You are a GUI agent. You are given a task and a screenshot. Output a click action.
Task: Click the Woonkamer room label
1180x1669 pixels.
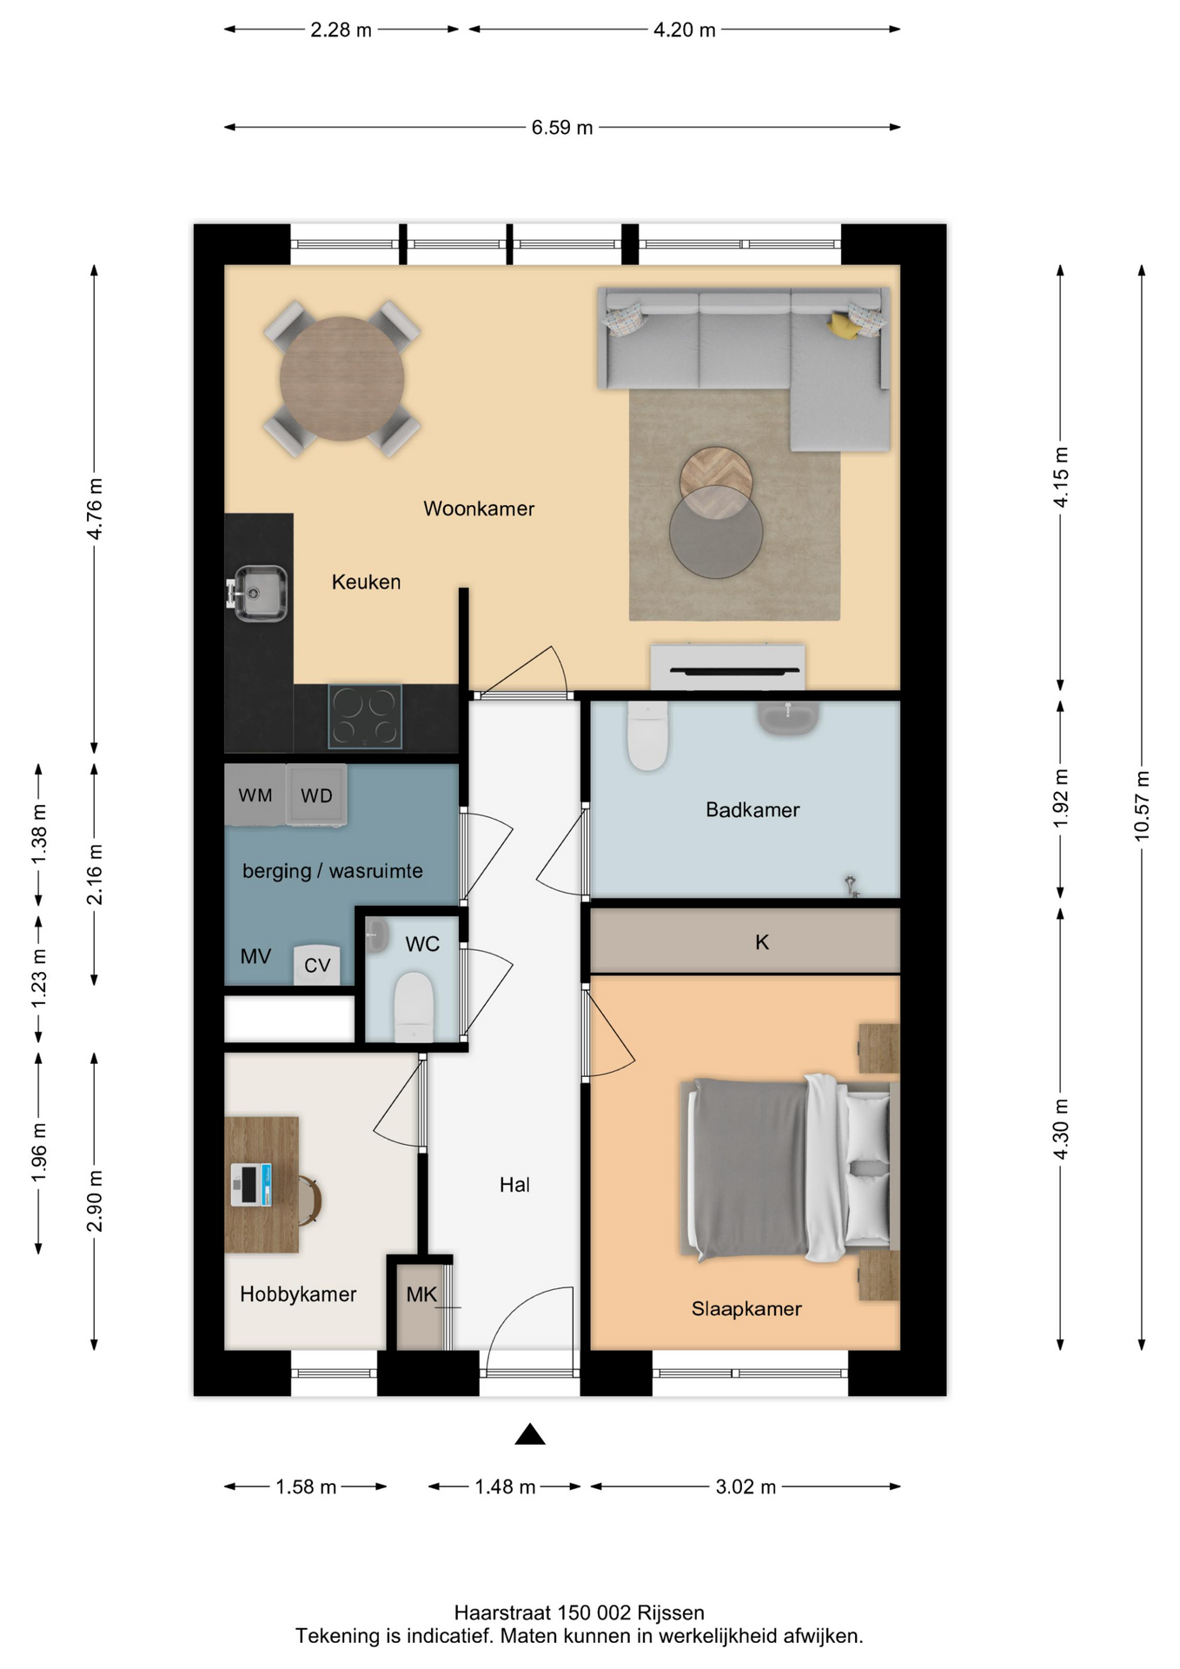coord(479,509)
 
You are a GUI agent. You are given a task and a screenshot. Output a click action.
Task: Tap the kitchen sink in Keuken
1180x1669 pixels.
coord(257,593)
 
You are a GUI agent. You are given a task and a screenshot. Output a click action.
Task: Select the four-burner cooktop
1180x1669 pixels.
coord(365,716)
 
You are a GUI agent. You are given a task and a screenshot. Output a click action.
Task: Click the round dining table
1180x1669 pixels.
coord(341,379)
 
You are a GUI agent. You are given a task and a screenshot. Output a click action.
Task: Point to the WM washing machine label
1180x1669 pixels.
coord(255,795)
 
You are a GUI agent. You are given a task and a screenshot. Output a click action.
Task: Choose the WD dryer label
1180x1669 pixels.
coord(316,795)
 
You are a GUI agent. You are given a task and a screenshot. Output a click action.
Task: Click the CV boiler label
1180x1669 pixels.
coord(317,965)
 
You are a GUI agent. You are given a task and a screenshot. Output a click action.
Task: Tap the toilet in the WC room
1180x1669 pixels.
coord(414,1007)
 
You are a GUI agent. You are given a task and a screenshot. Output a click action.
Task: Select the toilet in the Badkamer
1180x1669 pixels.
coord(647,736)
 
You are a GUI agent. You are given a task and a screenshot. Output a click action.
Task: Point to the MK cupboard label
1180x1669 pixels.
coord(421,1294)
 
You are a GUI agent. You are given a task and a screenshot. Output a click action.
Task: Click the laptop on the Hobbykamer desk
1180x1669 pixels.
coord(251,1185)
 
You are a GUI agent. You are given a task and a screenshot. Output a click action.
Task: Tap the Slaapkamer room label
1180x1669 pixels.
coord(746,1308)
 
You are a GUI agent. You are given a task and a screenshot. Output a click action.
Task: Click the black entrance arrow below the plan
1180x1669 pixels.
coord(530,1434)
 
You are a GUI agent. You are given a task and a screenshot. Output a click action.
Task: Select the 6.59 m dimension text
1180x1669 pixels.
coord(562,128)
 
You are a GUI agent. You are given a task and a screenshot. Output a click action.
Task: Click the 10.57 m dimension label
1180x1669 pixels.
coord(1142,806)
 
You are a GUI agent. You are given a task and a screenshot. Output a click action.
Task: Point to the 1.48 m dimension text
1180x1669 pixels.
coord(505,1486)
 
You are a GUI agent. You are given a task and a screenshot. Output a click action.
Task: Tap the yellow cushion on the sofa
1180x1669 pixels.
coord(843,325)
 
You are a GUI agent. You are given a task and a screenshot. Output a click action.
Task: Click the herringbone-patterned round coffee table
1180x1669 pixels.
coord(716,482)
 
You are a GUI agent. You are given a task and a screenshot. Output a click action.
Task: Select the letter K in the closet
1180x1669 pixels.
coord(762,942)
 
